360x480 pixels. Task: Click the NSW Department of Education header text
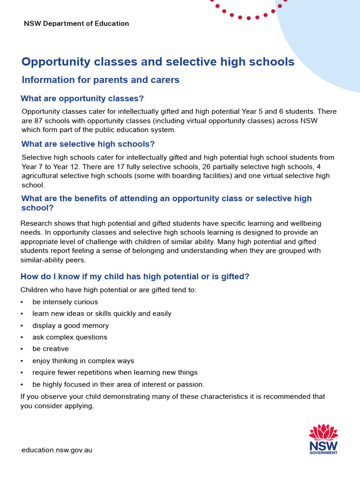[76, 23]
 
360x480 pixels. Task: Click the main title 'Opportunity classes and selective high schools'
[158, 62]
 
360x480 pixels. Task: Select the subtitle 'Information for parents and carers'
[100, 80]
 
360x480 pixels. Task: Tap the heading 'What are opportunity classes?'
[82, 98]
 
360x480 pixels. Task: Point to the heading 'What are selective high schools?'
[88, 144]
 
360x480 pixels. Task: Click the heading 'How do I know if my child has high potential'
[135, 277]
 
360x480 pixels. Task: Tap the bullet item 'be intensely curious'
[65, 302]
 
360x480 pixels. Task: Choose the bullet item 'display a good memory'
[70, 325]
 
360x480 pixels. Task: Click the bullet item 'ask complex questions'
[70, 337]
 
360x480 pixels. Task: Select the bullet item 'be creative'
[51, 349]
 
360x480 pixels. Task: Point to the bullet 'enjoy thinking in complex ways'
[83, 361]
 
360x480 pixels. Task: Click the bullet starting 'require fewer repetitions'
[115, 373]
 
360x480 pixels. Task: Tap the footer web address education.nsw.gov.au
[57, 450]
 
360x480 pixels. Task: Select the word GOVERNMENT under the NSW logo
[323, 453]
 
